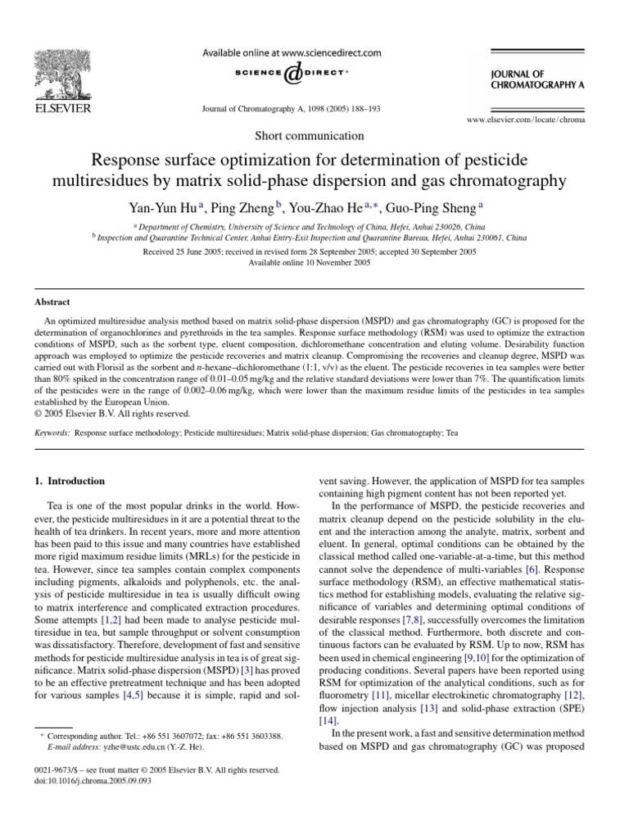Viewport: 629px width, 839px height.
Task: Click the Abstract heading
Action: (52, 302)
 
